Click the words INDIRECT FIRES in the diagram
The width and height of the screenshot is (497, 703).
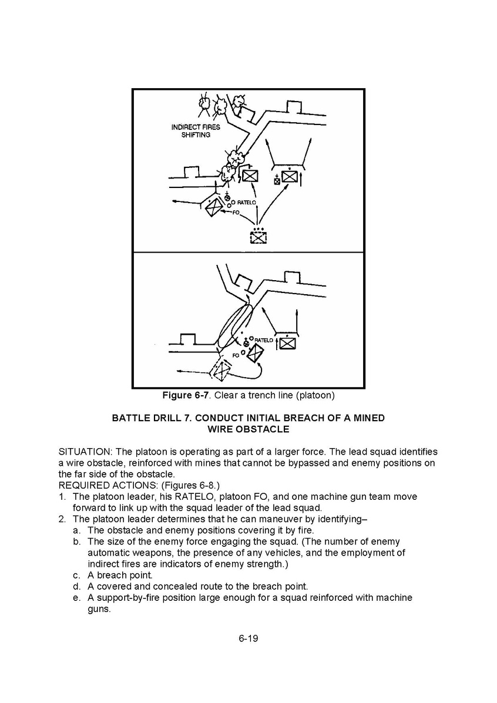pyautogui.click(x=196, y=127)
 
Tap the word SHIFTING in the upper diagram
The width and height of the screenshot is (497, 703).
pyautogui.click(x=196, y=134)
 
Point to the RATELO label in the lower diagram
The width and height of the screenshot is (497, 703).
pyautogui.click(x=264, y=340)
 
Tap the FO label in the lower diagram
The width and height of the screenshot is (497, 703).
pyautogui.click(x=236, y=355)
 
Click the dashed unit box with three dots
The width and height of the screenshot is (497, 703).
pyautogui.click(x=258, y=237)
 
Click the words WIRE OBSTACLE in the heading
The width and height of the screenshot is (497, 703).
pyautogui.click(x=248, y=429)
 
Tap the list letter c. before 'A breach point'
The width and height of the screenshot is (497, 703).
pyautogui.click(x=76, y=575)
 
